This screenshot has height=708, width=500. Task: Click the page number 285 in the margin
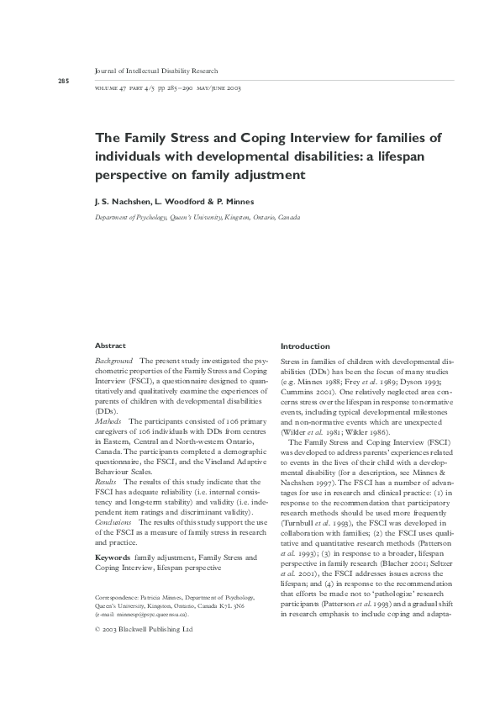point(63,81)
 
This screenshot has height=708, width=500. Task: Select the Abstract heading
point(110,346)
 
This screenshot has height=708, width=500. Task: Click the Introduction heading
point(305,346)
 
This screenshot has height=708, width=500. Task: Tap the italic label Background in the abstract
point(114,360)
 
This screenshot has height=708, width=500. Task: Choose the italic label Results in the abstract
point(107,482)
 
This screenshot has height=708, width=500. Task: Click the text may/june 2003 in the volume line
point(218,88)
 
